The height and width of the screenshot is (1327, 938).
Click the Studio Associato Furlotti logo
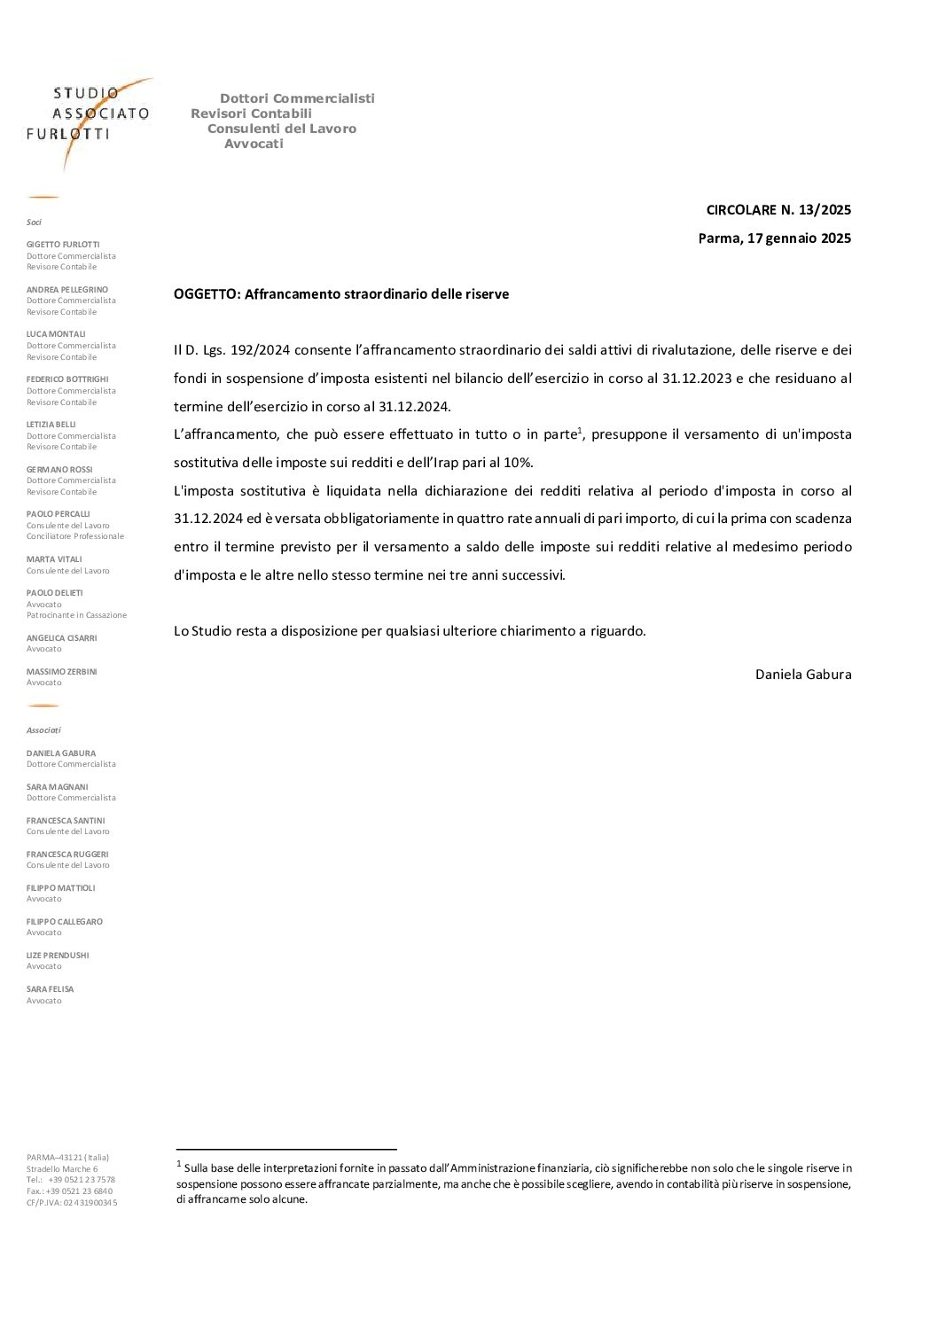[x=89, y=115]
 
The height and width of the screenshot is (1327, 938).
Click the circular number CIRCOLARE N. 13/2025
[x=778, y=210]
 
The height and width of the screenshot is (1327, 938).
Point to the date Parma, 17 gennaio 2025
[x=774, y=238]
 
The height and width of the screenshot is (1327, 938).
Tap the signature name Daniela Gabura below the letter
[x=802, y=675]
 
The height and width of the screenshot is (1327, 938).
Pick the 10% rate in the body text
[x=519, y=463]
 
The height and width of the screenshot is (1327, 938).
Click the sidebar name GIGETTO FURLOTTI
[x=63, y=245]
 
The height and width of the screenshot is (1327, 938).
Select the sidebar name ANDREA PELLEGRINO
[x=67, y=290]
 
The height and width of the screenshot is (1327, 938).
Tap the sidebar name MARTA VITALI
[x=54, y=559]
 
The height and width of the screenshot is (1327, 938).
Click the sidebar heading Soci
[x=34, y=222]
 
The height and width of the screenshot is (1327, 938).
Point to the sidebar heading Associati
[x=43, y=730]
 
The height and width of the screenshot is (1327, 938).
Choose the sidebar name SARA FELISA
[x=51, y=989]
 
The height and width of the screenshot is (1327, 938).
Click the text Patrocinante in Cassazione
[x=76, y=615]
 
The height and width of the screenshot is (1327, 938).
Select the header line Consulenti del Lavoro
[x=282, y=129]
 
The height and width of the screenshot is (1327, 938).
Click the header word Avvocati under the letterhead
[x=254, y=144]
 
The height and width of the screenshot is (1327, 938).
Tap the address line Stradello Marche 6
[x=62, y=1169]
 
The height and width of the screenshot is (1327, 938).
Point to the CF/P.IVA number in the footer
[x=72, y=1203]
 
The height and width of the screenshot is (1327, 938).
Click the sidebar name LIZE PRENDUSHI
[x=58, y=956]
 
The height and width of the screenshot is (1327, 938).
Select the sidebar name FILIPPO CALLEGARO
[x=65, y=922]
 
